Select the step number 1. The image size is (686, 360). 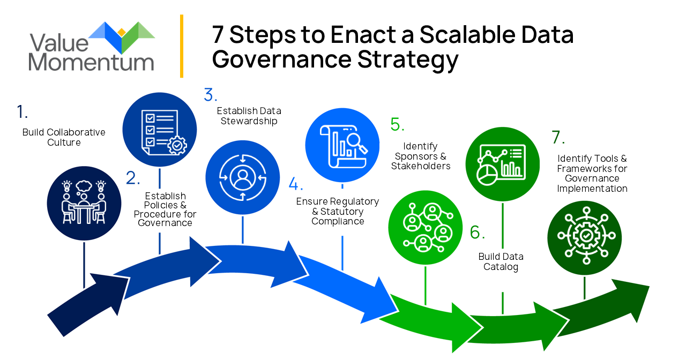(22, 112)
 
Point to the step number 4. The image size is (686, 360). (295, 184)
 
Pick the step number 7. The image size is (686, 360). (558, 138)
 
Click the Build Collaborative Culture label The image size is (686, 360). (64, 137)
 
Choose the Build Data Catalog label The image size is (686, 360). (501, 262)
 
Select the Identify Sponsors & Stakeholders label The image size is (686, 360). (421, 156)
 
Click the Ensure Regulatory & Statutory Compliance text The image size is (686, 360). (338, 211)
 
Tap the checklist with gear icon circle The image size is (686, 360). (159, 130)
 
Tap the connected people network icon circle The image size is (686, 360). (425, 228)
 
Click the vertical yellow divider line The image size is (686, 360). (182, 46)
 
